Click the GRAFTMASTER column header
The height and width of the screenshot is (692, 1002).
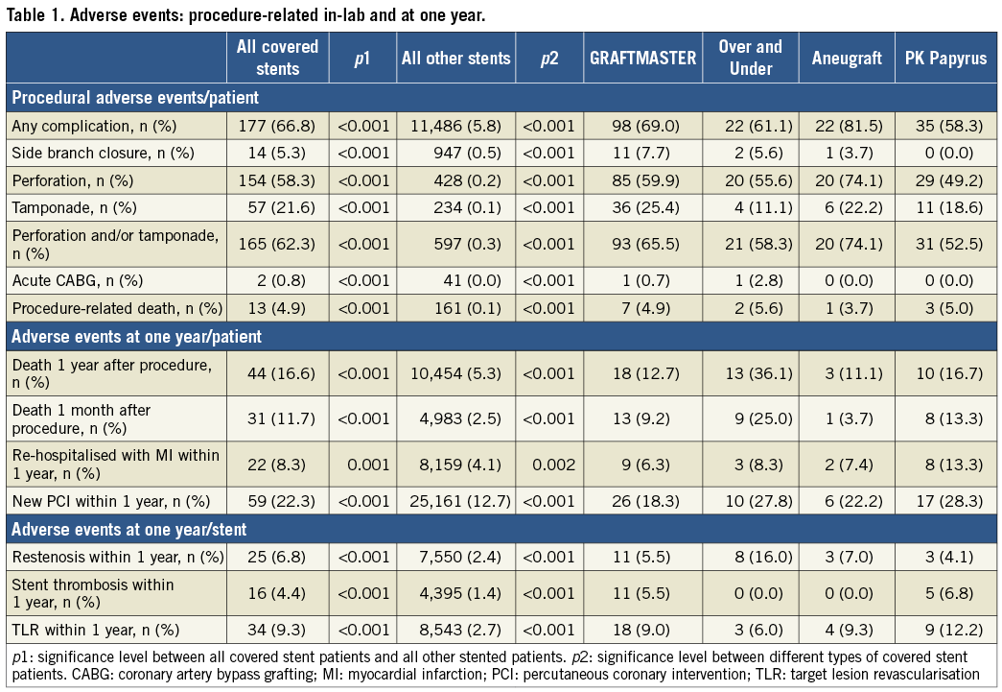[641, 58]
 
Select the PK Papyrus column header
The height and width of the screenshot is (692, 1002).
[945, 58]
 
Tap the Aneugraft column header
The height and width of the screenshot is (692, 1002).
[845, 58]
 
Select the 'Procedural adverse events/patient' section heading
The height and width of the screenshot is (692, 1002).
[135, 97]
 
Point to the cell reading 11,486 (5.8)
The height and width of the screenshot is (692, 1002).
[455, 125]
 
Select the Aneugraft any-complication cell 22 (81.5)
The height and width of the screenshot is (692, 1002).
[845, 125]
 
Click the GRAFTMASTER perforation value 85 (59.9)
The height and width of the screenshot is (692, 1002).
[641, 179]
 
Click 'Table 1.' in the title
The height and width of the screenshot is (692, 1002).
[35, 13]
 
